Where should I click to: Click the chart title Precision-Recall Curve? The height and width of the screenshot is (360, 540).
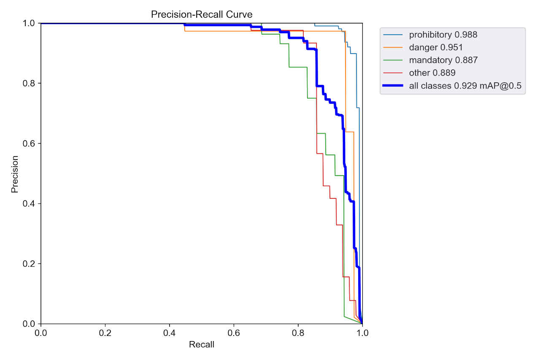(202, 14)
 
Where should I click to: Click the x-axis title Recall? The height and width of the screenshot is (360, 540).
(202, 345)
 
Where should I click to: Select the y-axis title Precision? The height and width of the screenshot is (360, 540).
(15, 174)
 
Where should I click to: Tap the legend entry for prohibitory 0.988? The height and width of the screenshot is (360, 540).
(443, 34)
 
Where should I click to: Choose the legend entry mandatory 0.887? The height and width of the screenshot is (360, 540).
(443, 60)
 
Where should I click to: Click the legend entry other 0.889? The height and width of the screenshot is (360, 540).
(432, 73)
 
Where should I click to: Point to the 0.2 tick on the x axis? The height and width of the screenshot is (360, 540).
(105, 333)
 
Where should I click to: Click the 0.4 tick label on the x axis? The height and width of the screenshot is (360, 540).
(170, 333)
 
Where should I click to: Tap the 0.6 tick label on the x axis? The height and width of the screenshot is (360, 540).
(234, 333)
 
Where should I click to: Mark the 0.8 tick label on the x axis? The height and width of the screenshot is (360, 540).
(298, 333)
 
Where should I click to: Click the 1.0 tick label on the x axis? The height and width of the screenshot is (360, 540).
(362, 333)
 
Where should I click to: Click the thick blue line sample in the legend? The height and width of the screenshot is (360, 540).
(393, 86)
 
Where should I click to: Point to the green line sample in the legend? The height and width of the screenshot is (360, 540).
(393, 60)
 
